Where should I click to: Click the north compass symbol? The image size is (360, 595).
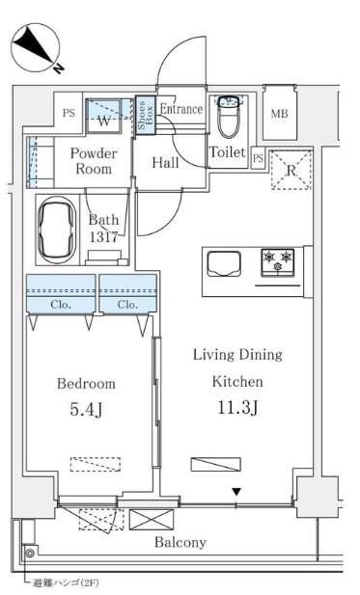(x=36, y=48)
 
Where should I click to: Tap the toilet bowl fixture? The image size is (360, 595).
(x=229, y=118)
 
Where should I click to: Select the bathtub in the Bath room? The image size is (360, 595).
(x=57, y=230)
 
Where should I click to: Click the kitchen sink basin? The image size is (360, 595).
(x=224, y=263)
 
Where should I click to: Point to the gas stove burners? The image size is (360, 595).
(x=278, y=262)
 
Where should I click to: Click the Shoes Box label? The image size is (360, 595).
(x=146, y=116)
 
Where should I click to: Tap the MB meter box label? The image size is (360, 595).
(x=280, y=114)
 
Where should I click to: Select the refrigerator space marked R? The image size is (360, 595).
(x=291, y=170)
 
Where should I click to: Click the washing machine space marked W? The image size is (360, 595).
(x=104, y=116)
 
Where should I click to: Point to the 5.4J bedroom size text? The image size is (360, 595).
(x=86, y=410)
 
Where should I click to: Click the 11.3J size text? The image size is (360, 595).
(x=237, y=408)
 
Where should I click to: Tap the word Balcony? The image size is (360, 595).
(x=180, y=543)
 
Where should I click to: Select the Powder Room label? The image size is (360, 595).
(x=94, y=161)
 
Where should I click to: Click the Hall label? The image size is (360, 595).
(x=166, y=163)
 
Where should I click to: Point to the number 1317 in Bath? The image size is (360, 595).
(x=103, y=237)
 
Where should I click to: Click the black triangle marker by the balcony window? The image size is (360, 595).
(x=236, y=492)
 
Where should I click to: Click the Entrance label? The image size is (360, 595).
(x=181, y=109)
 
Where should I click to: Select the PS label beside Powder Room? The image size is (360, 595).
(x=69, y=113)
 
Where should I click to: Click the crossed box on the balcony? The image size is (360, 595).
(x=152, y=520)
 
